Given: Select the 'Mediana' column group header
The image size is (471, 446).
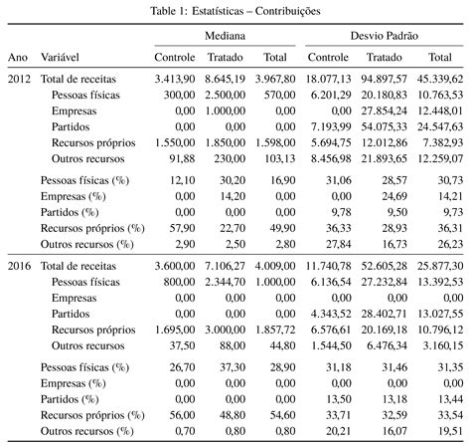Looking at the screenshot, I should (226, 34).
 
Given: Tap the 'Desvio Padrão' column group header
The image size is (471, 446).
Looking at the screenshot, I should (384, 34).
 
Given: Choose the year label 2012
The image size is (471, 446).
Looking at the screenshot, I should (20, 78).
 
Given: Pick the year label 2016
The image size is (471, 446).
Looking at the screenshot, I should (20, 266).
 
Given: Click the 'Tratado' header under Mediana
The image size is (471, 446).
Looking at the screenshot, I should (226, 58).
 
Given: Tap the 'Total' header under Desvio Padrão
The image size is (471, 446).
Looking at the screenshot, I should (441, 58).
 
